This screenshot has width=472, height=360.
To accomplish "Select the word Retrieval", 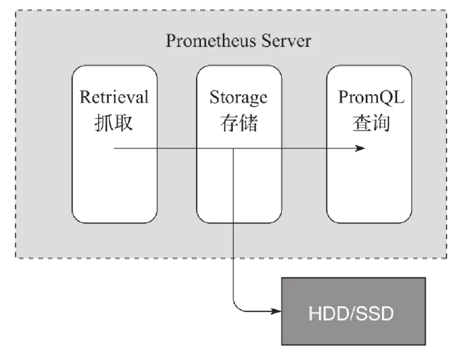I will coord(114,97).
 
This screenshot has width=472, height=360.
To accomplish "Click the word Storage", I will coord(238,97).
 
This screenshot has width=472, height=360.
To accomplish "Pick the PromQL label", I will coord(368,97).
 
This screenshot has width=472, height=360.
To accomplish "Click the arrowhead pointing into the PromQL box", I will coord(361,149).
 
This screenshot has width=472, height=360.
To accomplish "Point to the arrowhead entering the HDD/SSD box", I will coord(277,310).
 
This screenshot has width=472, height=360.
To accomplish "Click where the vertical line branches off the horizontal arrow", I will coord(233,149).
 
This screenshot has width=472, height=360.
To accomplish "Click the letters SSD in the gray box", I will coord(375,311).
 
